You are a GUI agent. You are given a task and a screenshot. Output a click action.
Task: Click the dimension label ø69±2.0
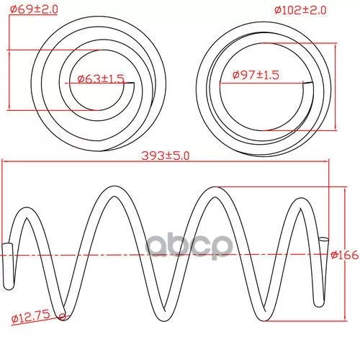click(34, 9)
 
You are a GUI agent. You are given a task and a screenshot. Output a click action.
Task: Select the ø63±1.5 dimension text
click(101, 78)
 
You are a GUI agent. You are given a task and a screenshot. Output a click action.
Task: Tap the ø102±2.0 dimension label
click(300, 10)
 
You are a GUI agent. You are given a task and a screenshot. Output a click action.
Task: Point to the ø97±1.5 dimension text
click(256, 75)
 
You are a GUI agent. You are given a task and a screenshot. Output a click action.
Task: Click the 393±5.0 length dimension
click(166, 156)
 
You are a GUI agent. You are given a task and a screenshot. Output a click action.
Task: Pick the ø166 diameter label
click(345, 255)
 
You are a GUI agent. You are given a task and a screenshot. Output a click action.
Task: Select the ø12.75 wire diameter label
click(31, 317)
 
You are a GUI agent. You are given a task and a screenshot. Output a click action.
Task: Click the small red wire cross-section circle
click(63, 317)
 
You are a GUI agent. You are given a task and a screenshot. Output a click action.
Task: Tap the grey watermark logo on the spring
click(189, 246)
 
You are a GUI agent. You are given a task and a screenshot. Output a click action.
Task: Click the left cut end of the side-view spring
click(7, 246)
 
